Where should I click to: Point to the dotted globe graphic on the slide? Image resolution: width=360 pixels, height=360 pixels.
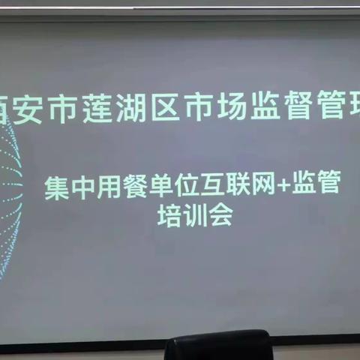point(13,195)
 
